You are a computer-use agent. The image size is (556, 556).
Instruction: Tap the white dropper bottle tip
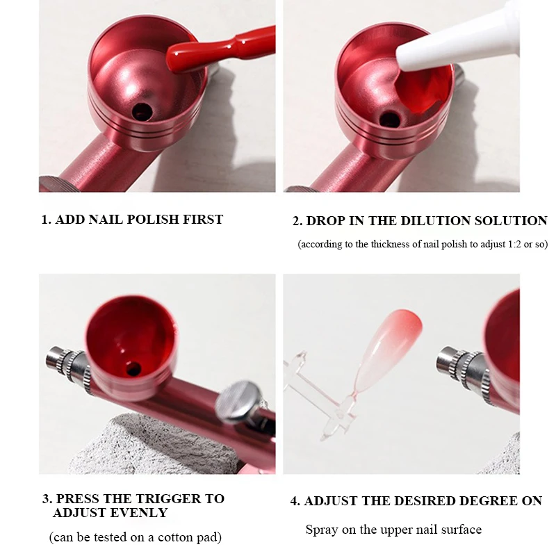coord(457,35)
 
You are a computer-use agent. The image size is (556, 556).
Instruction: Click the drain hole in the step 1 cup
coord(142,112)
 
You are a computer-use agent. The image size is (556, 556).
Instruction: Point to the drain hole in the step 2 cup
coord(389,119)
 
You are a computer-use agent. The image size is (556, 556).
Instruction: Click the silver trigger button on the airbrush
coord(238,402)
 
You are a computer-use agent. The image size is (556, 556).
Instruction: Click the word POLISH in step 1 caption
coord(153,220)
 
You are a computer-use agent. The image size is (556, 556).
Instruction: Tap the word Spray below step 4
coord(322,530)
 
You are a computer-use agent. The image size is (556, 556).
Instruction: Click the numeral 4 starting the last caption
coord(294,501)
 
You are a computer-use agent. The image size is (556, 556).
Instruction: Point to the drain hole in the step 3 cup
coord(133,369)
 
